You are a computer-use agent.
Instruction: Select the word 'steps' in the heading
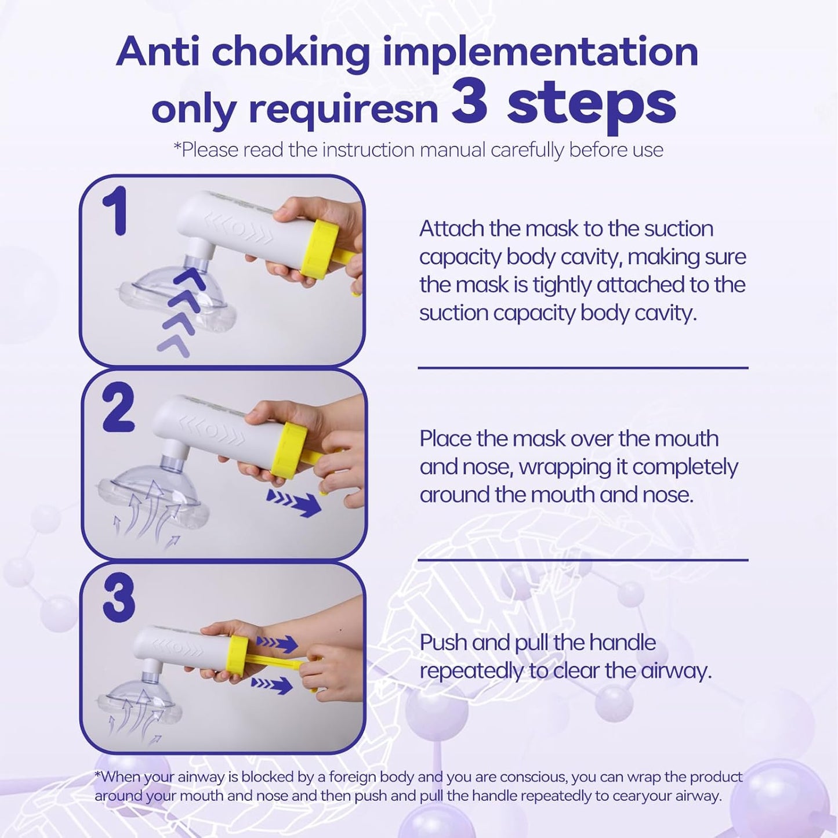592,107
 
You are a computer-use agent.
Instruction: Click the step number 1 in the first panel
115,211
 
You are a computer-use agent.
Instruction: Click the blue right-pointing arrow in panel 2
295,503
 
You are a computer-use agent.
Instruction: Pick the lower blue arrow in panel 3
272,686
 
